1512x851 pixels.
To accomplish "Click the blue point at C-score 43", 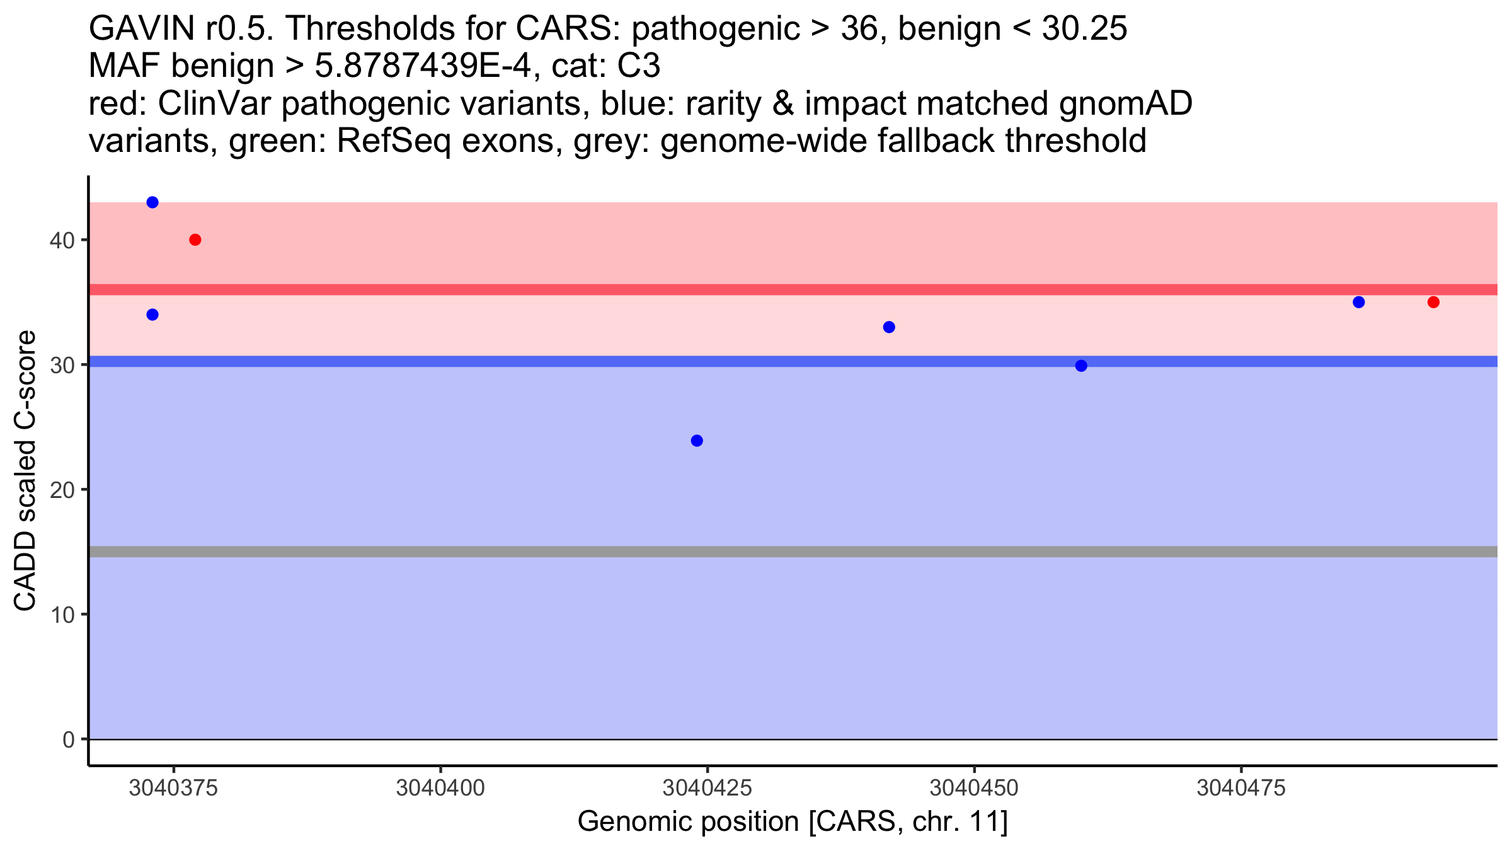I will [x=152, y=202].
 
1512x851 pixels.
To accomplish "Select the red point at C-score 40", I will [x=195, y=240].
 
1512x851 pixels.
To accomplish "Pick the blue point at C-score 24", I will [x=697, y=441].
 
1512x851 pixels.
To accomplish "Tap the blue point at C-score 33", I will [x=889, y=327].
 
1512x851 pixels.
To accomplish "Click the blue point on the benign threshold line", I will [x=1081, y=366].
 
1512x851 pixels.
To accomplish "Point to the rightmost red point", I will [x=1433, y=302].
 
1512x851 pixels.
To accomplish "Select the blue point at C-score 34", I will [x=152, y=315].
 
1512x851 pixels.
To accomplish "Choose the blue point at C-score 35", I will [x=1359, y=302].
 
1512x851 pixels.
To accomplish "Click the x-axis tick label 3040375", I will [x=173, y=789].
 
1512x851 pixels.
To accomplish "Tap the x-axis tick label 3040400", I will [x=440, y=789].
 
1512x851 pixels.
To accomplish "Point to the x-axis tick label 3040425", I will [x=707, y=789].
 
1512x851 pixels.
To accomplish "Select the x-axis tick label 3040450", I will [x=974, y=789].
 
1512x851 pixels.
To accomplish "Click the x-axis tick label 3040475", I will [x=1241, y=789].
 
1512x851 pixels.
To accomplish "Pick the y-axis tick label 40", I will [x=62, y=240].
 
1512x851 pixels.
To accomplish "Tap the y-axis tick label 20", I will [x=62, y=490].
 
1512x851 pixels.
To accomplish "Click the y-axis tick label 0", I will [x=69, y=739].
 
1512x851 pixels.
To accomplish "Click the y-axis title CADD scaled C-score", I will [x=25, y=471].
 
